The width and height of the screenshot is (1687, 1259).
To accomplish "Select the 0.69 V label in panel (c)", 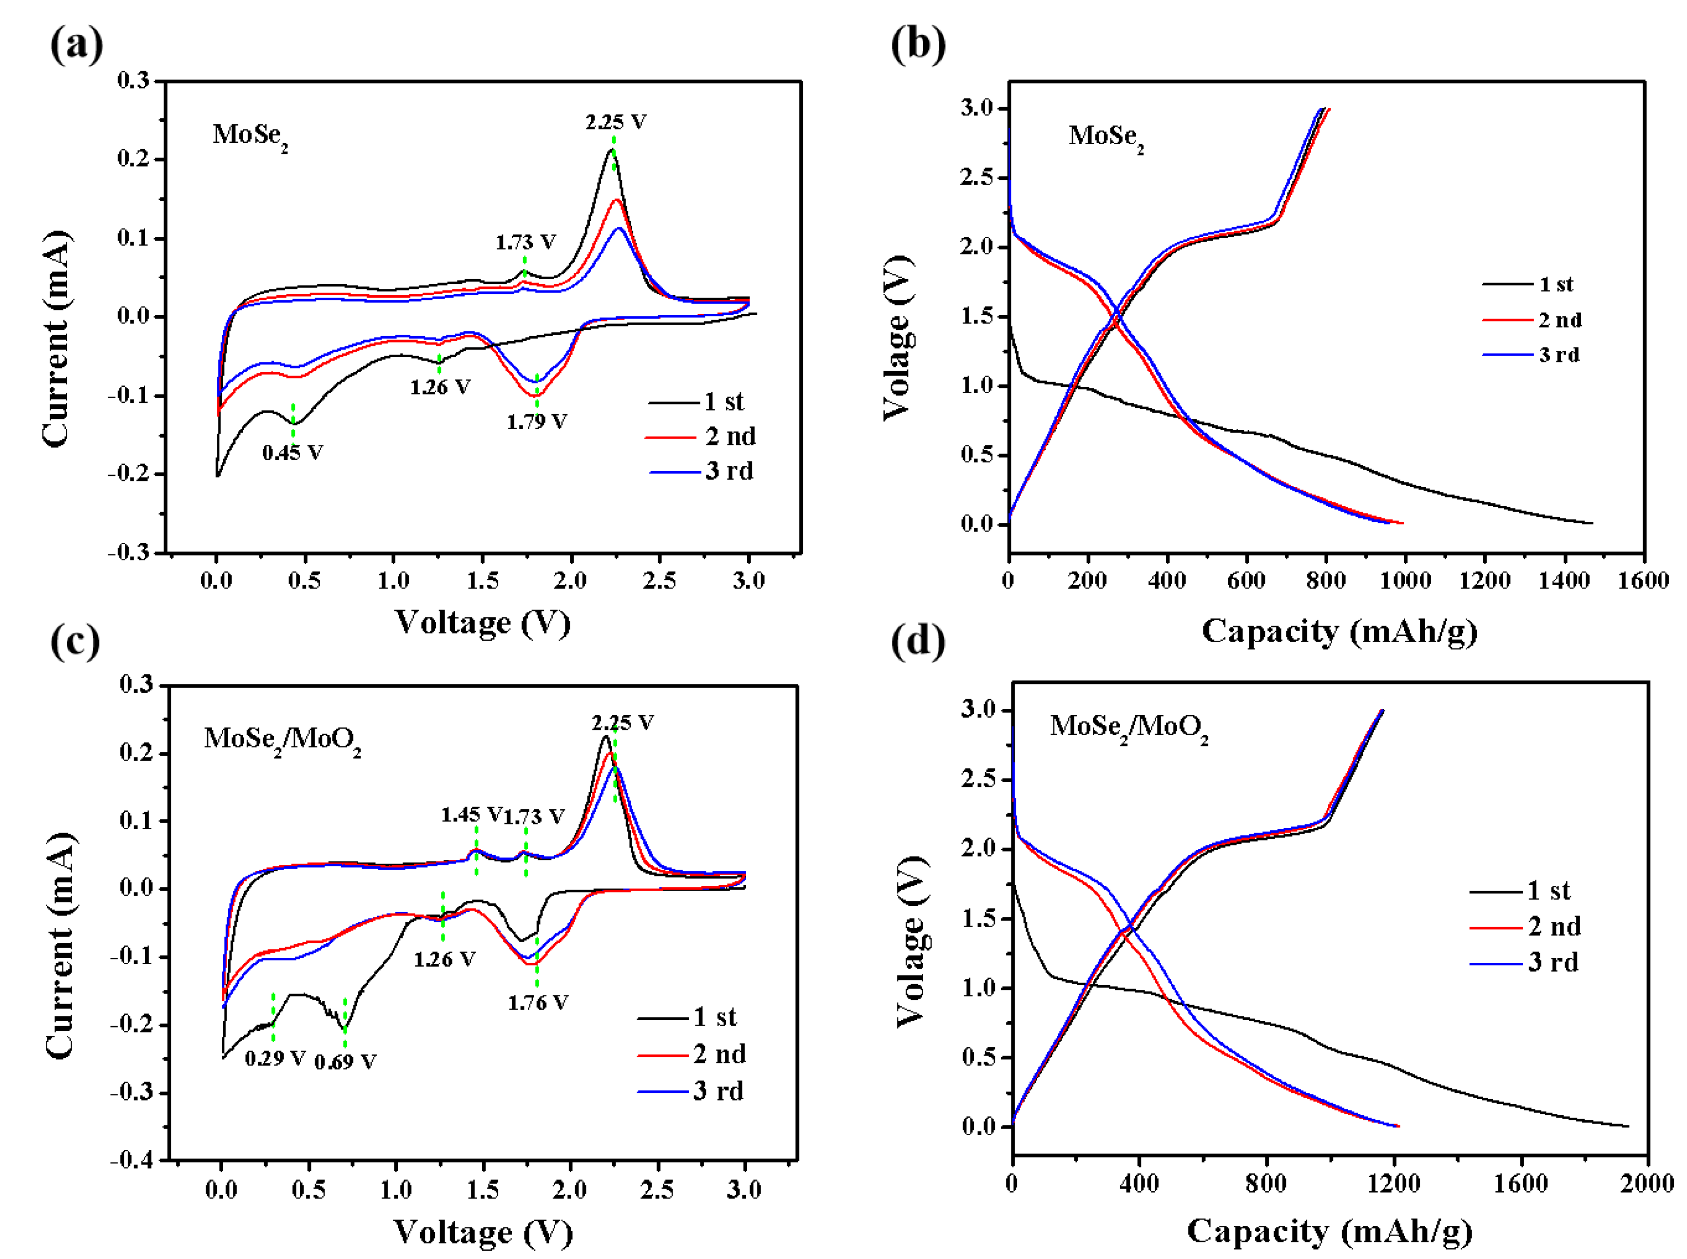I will [x=345, y=1062].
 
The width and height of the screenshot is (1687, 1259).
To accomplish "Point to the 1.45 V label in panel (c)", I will [x=470, y=815].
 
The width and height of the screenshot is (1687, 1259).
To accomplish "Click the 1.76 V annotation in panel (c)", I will [x=538, y=1003].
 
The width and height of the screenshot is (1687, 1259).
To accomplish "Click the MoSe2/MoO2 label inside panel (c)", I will [x=282, y=739].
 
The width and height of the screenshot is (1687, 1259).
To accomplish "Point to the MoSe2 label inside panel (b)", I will [x=1105, y=137].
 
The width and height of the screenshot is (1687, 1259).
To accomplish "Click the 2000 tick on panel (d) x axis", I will [x=1647, y=1183].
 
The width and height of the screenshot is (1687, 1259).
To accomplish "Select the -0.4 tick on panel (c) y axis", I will [x=132, y=1160].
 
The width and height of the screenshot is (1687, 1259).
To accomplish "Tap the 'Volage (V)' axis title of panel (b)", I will [x=897, y=338].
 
